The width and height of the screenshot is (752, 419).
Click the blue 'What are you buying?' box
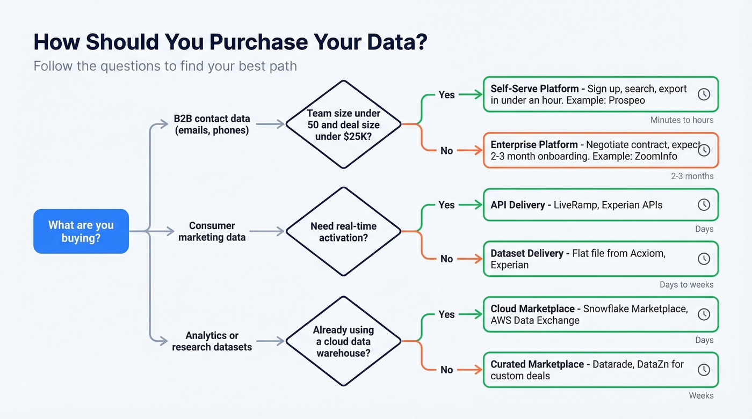tap(81, 231)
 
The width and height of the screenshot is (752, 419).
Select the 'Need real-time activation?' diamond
tap(343, 231)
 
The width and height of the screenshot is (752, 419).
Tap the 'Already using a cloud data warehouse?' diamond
tap(343, 341)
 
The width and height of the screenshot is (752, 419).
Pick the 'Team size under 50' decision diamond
tap(343, 124)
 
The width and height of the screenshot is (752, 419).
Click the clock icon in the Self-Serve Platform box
tap(704, 94)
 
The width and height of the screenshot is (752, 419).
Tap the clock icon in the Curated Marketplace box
tap(704, 370)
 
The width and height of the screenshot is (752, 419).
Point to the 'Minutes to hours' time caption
tap(682, 120)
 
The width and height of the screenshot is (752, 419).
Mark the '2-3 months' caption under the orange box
tap(692, 176)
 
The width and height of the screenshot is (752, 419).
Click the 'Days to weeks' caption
tap(686, 285)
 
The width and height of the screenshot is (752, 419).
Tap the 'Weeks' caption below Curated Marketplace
tap(701, 396)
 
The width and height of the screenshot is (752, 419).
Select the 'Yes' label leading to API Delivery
tap(446, 205)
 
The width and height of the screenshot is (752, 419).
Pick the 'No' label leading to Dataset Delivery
tap(446, 259)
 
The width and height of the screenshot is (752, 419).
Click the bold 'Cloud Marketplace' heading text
tap(532, 309)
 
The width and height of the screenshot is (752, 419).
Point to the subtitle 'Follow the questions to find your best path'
tap(165, 66)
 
